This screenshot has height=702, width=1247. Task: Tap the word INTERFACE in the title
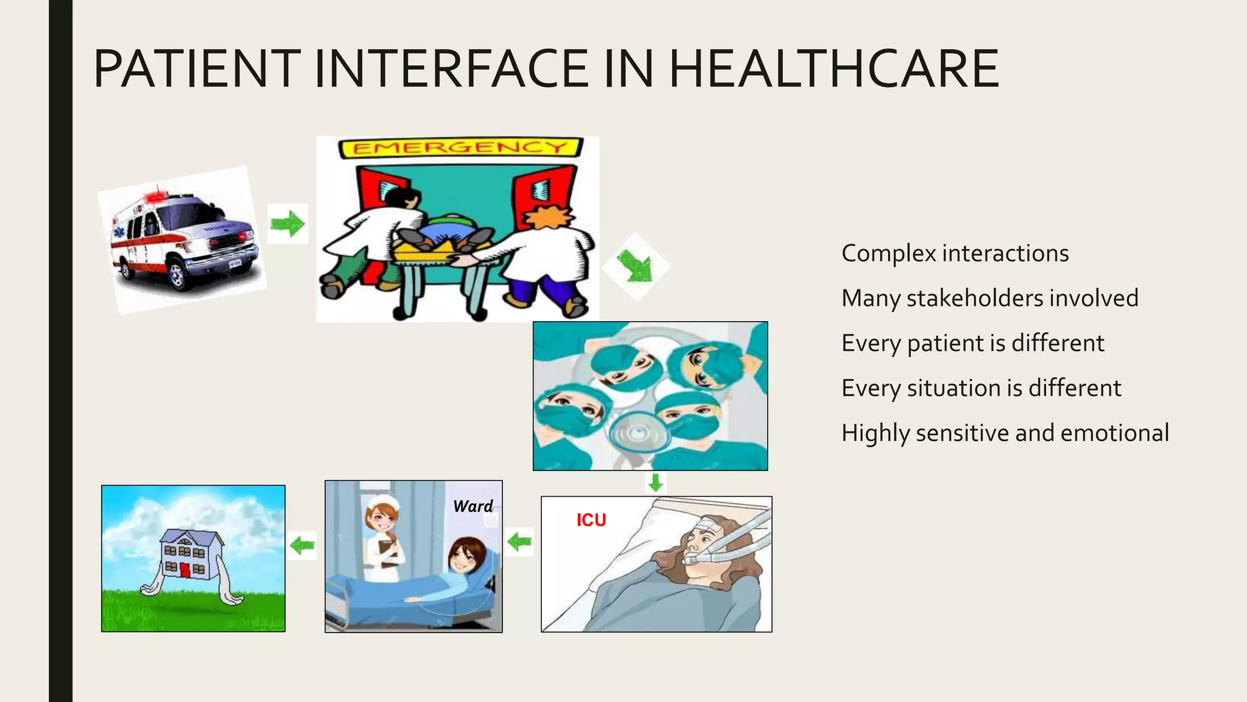pyautogui.click(x=451, y=68)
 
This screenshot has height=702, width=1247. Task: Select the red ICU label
pyautogui.click(x=591, y=520)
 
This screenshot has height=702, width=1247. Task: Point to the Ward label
pyautogui.click(x=472, y=506)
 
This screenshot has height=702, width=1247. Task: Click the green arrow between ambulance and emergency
pyautogui.click(x=287, y=224)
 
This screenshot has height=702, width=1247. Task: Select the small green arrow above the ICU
pyautogui.click(x=655, y=483)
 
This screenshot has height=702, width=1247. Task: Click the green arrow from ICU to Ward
pyautogui.click(x=519, y=541)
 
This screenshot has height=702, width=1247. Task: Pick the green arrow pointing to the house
pyautogui.click(x=302, y=545)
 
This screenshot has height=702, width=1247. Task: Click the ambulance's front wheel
pyautogui.click(x=177, y=275)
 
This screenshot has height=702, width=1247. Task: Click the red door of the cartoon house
pyautogui.click(x=185, y=571)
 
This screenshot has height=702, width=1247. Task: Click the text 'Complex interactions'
pyautogui.click(x=955, y=253)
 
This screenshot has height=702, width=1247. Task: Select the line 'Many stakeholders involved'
pyautogui.click(x=989, y=299)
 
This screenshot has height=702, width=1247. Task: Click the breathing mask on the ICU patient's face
pyautogui.click(x=692, y=559)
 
